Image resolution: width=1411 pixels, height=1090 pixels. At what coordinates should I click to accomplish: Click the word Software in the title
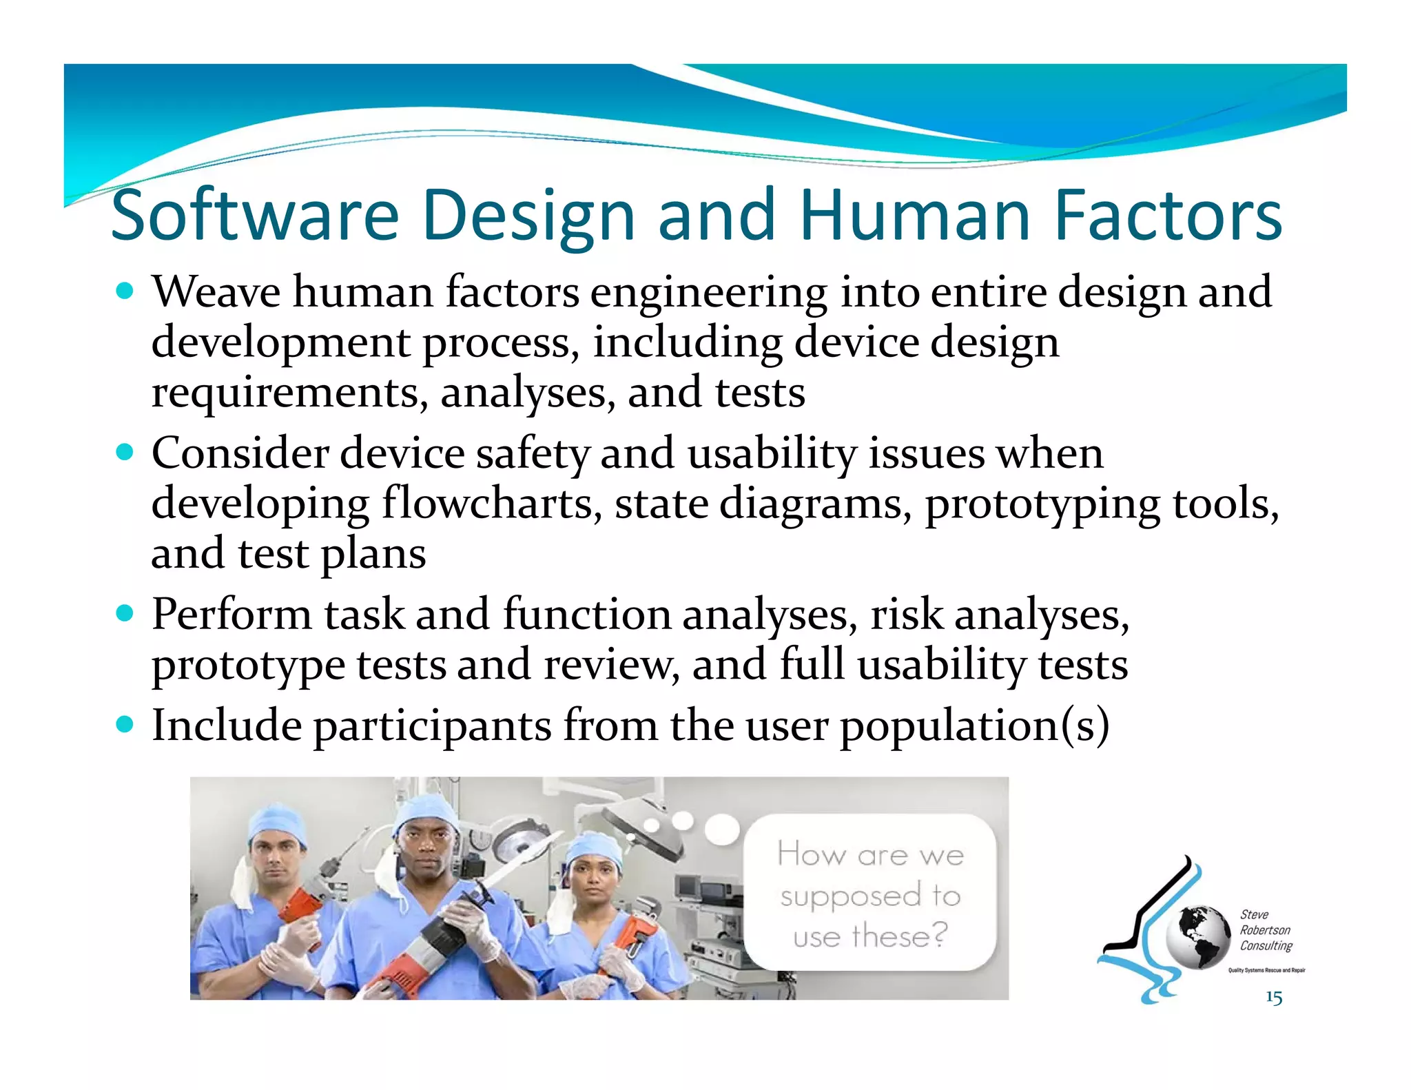click(255, 216)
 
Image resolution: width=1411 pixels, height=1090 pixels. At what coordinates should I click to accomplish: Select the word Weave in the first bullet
click(216, 292)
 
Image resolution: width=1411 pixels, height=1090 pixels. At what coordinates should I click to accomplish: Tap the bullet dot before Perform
click(125, 613)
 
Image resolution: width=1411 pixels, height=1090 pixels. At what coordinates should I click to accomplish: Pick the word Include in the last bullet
click(227, 725)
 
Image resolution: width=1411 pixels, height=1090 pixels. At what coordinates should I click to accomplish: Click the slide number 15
click(1273, 998)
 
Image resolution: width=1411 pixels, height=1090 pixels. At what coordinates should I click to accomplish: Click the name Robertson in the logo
click(1265, 930)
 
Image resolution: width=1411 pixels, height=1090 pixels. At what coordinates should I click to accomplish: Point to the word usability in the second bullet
click(772, 455)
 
